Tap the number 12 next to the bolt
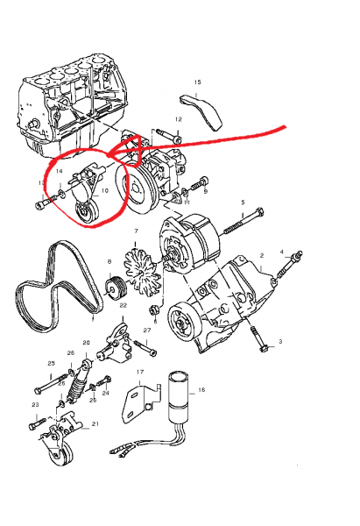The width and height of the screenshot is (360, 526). (x=178, y=118)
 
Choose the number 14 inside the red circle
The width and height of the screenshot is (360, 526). (x=59, y=172)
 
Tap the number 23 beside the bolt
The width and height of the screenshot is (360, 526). (x=36, y=405)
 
